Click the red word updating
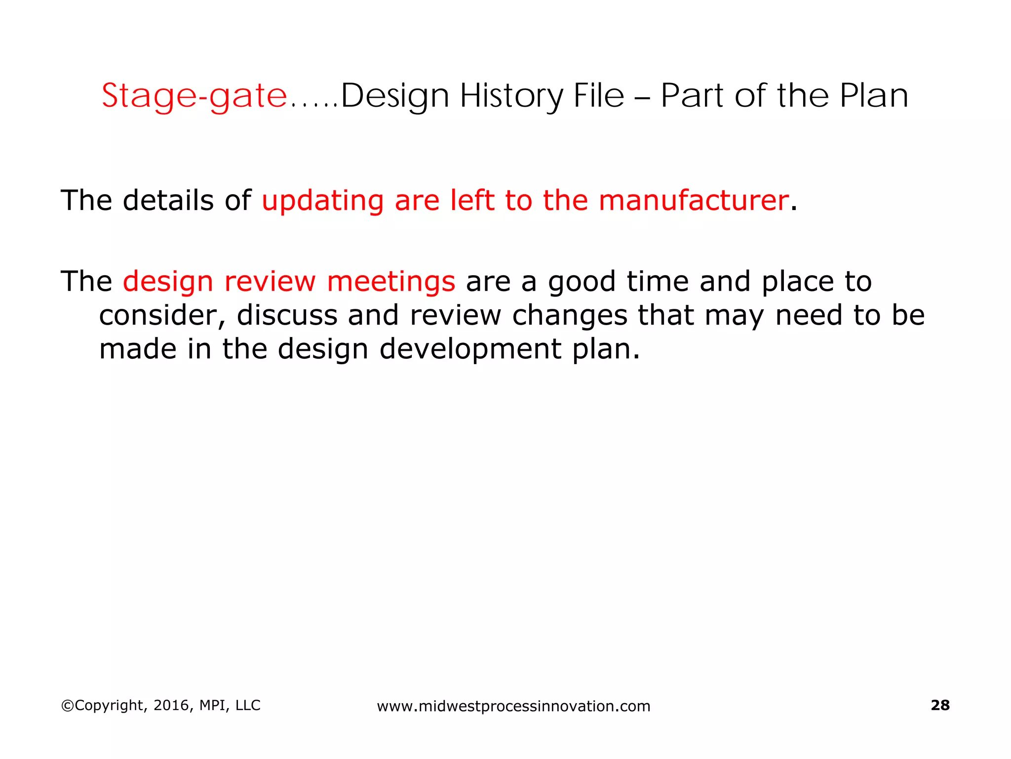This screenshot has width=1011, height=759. coord(322,201)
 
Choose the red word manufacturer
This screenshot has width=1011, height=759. coord(694,201)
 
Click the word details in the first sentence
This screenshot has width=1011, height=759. coord(168,201)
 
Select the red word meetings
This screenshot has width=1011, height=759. coord(391,282)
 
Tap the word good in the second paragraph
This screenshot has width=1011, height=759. coord(582,282)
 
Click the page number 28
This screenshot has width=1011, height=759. coord(940,705)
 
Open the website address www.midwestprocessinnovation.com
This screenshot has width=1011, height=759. coord(513,706)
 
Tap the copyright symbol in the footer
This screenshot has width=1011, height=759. coord(67,706)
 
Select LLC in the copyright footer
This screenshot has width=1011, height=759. coord(248,705)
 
